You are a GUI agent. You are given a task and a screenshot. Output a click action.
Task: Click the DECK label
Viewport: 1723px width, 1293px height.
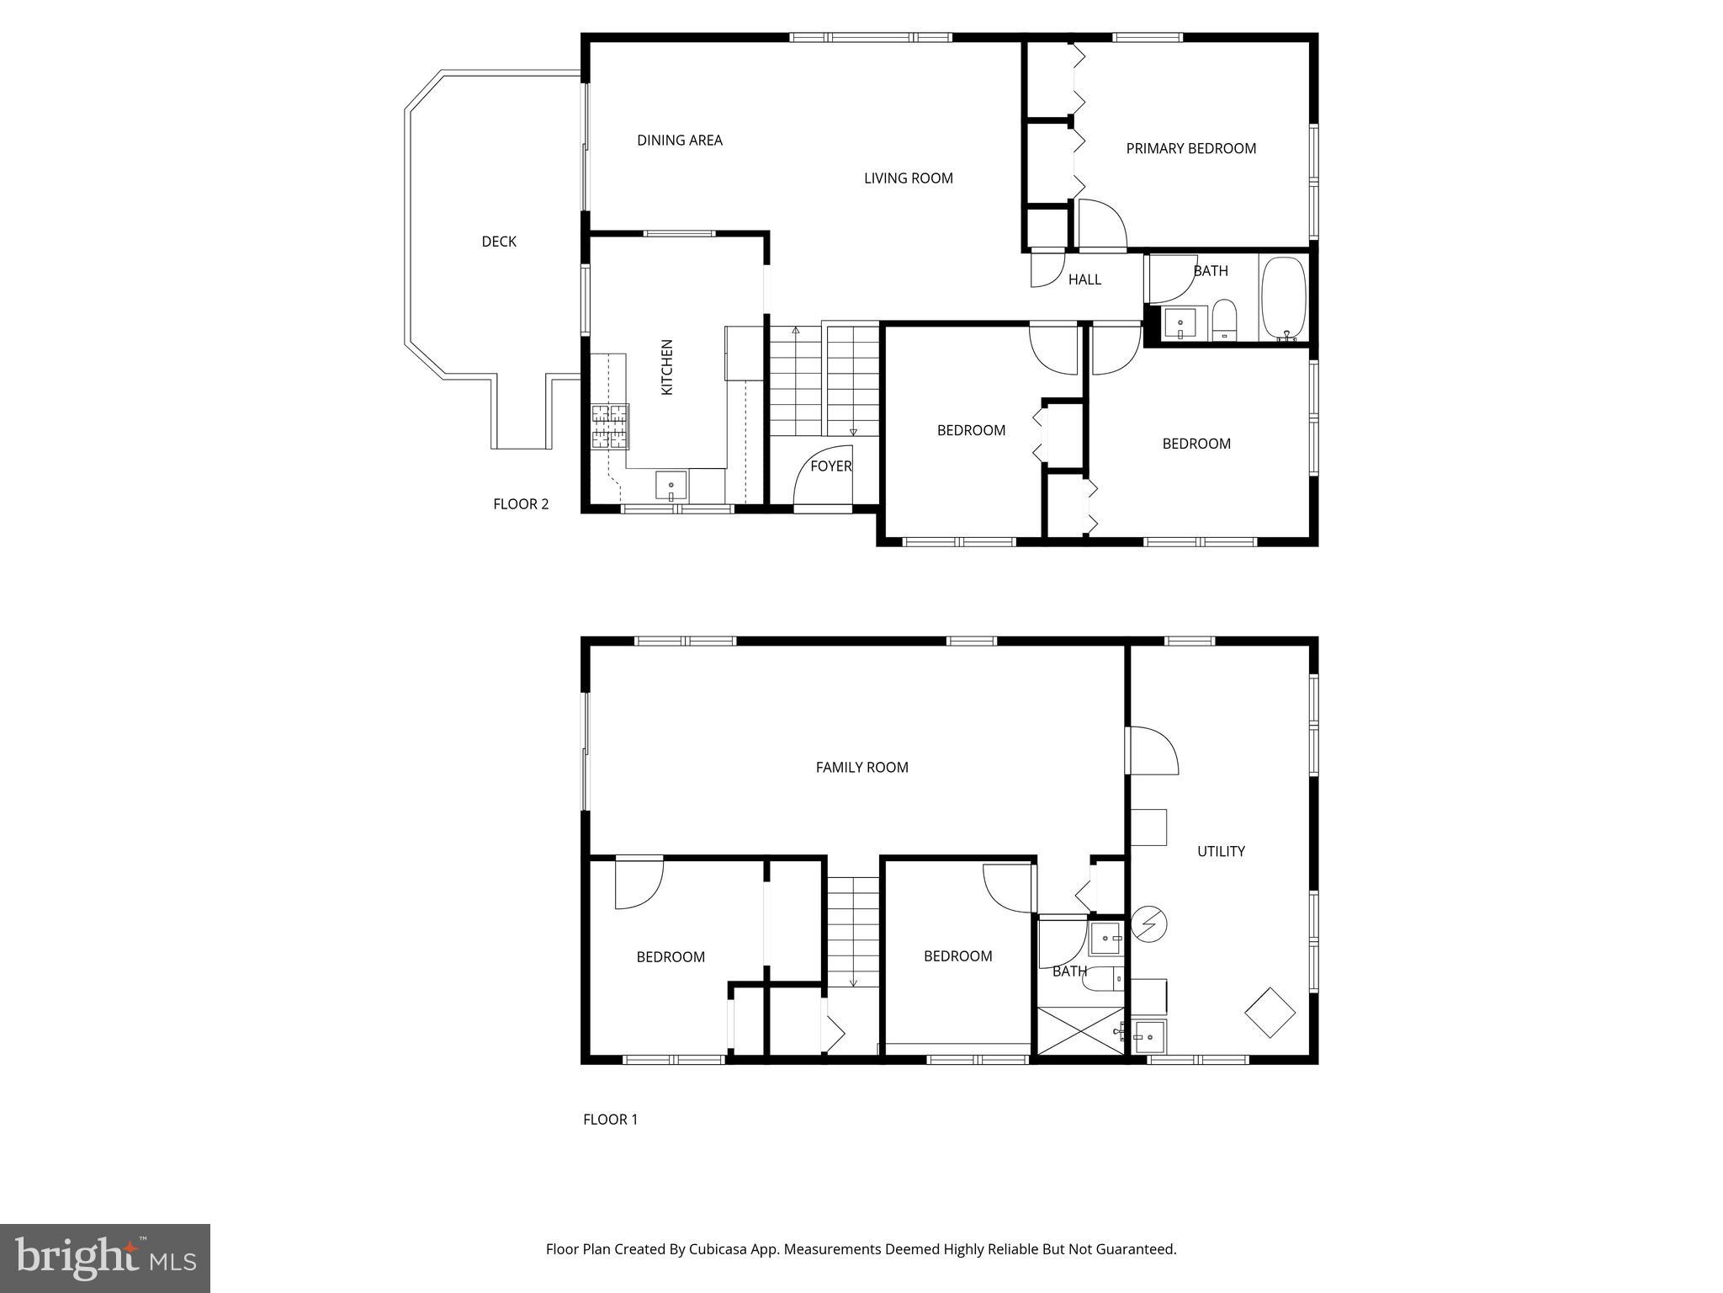point(498,242)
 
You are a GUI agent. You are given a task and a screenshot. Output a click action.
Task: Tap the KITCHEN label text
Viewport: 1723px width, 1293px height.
point(667,367)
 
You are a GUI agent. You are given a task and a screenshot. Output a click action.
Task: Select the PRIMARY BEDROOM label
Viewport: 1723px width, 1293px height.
point(1190,149)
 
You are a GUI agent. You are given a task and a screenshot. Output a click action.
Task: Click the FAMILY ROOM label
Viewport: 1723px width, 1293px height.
point(861,767)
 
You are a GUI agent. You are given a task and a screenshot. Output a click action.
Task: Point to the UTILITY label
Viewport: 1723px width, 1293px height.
point(1221,851)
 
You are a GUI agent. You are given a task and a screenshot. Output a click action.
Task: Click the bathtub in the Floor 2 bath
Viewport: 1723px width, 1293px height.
point(1283,298)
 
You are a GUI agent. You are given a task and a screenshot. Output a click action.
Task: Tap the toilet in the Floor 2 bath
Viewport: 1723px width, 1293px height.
point(1224,321)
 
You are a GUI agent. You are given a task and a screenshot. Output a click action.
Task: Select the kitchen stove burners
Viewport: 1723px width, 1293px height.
point(610,426)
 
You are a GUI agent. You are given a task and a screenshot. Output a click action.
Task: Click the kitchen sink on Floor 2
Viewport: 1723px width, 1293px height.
point(671,487)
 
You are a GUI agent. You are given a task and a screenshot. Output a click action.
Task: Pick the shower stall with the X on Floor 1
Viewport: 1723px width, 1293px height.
point(1080,1030)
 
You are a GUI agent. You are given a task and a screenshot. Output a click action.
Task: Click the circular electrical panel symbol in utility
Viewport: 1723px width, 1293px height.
point(1148,923)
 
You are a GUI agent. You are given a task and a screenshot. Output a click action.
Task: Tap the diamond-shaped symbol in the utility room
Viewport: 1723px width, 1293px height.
point(1270,1012)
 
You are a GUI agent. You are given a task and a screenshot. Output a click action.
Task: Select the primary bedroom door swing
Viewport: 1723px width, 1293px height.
point(1101,224)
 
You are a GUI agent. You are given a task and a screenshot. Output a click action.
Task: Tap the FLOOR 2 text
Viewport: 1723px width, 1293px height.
point(521,504)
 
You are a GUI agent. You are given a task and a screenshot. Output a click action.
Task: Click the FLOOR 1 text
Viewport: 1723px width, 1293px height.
point(610,1120)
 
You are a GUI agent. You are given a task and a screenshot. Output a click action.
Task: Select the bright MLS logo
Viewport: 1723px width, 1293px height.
point(105,1258)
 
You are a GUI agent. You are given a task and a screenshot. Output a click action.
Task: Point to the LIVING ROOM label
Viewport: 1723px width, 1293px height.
point(908,178)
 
